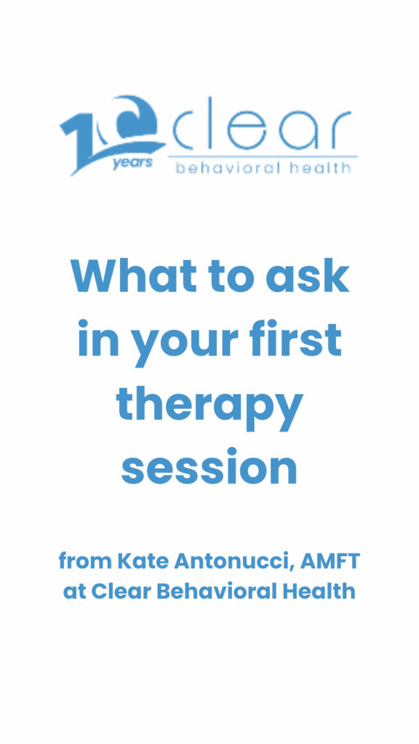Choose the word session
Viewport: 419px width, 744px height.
209,467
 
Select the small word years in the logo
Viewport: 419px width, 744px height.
132,163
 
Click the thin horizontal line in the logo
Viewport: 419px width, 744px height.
263,156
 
